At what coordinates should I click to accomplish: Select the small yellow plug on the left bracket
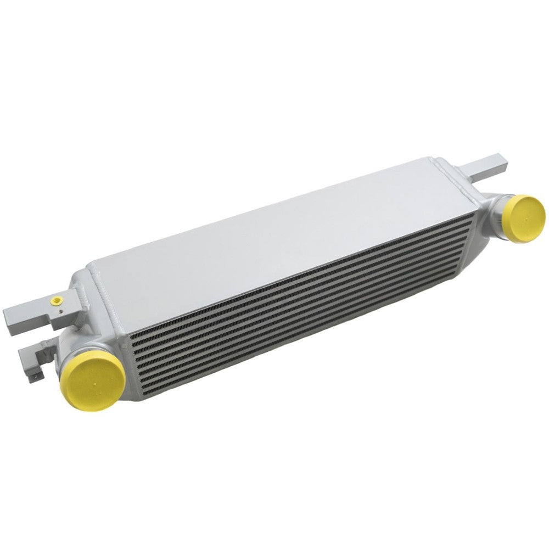(x=56, y=300)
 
